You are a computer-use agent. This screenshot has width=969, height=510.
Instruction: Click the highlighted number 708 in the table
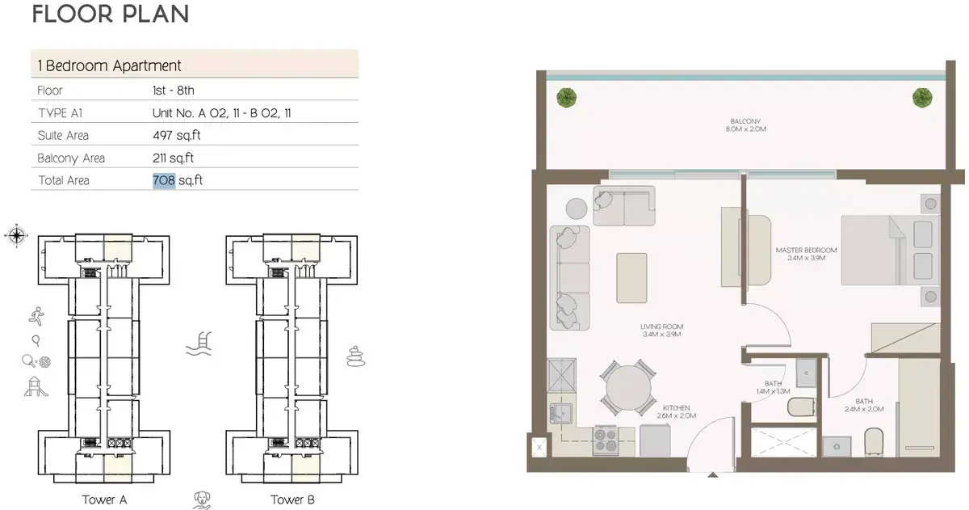point(164,180)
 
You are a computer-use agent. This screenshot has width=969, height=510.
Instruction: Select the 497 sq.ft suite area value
point(177,136)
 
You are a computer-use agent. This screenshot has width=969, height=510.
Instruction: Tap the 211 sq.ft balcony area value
point(173,158)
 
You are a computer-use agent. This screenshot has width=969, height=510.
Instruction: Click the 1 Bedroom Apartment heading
point(110,65)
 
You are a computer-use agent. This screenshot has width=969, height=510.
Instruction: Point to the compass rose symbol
point(16,235)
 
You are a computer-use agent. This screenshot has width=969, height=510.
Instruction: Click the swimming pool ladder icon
point(199,344)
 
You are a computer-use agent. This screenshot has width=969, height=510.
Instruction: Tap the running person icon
point(37,316)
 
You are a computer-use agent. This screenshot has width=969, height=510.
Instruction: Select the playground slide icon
point(36,386)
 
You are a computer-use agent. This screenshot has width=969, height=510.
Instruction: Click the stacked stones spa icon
point(356,356)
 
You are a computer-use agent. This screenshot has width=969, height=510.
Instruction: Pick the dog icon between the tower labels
point(202,500)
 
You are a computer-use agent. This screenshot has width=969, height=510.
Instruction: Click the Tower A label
point(104,499)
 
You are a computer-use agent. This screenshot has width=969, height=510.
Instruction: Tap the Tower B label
point(292,499)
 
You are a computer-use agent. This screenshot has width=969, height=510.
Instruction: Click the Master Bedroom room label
point(807,254)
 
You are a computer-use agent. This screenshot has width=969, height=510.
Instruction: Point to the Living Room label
point(662,331)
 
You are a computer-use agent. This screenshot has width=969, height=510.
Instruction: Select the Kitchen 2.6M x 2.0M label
point(676,411)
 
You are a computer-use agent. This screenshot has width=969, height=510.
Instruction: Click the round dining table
point(628,388)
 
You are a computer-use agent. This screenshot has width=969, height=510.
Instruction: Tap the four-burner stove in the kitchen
point(605,440)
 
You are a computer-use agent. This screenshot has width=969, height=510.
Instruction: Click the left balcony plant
point(566,98)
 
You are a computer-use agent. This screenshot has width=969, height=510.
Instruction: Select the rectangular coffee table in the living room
point(631,278)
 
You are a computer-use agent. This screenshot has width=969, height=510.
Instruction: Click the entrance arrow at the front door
point(713,475)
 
